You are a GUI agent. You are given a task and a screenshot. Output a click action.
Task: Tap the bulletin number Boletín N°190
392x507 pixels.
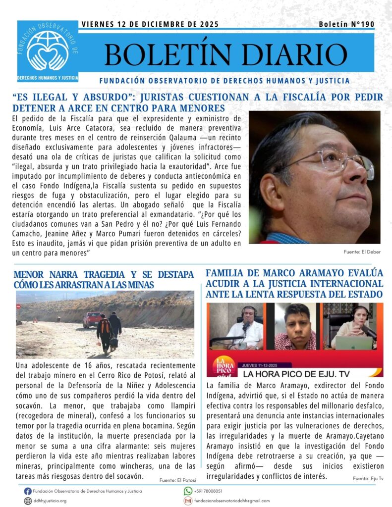point(346,24)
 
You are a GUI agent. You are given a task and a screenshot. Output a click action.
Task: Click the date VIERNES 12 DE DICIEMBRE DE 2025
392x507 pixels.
point(149,24)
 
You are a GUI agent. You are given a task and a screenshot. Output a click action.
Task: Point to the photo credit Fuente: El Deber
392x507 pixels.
point(362,252)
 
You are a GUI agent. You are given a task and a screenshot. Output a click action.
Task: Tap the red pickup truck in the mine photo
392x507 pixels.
point(92,319)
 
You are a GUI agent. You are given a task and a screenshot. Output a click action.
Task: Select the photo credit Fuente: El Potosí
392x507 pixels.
point(178,480)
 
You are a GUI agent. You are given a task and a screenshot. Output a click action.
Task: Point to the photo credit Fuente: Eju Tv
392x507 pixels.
point(368,478)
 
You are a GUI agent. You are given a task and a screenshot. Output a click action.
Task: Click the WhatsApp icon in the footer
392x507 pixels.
point(188,491)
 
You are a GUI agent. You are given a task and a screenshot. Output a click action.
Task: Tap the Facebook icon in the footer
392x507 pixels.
point(28,491)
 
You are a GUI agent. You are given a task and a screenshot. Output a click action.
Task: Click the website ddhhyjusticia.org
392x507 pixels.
point(50,501)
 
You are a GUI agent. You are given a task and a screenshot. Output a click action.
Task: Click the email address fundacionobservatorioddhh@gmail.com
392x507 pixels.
point(231,501)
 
